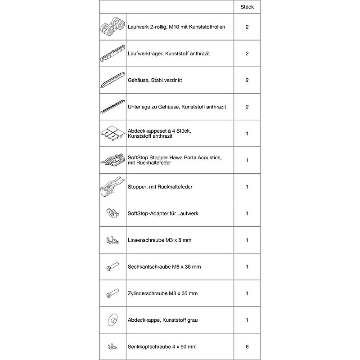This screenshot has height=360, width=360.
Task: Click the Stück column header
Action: click(x=247, y=7)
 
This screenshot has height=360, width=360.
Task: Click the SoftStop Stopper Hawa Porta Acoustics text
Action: click(x=175, y=157)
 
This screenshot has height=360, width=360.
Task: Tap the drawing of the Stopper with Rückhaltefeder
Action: click(x=110, y=187)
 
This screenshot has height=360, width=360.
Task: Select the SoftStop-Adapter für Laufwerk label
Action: click(x=163, y=213)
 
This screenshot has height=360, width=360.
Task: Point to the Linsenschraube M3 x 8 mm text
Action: click(x=160, y=240)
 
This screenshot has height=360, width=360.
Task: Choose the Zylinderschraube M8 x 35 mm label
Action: click(x=163, y=293)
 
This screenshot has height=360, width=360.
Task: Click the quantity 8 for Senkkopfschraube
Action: click(x=247, y=346)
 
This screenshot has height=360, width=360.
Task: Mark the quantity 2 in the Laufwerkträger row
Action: click(x=247, y=54)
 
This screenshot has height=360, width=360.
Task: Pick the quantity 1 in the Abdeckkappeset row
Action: click(x=247, y=133)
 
